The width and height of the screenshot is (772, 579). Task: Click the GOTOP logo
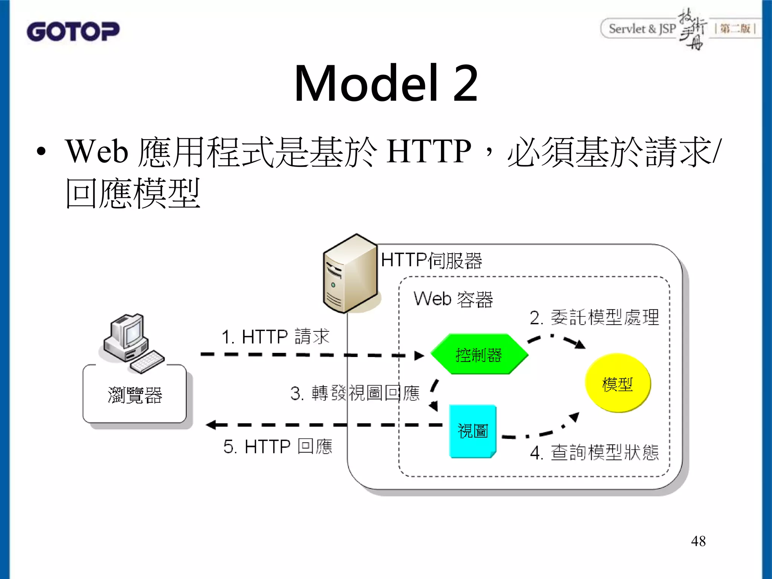click(73, 31)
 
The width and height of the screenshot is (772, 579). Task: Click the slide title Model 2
click(386, 84)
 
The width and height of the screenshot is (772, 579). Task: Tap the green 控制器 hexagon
click(479, 354)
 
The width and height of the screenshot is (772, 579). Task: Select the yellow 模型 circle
click(617, 383)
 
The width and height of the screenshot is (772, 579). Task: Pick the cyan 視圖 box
click(473, 431)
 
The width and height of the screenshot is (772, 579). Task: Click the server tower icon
click(350, 274)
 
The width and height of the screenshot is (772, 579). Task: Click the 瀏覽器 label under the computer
click(135, 395)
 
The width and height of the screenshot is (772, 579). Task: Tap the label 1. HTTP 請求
click(275, 336)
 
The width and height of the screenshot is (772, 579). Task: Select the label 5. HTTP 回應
click(277, 446)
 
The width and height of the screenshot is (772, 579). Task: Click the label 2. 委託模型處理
click(594, 317)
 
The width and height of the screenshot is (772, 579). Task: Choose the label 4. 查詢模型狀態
click(594, 452)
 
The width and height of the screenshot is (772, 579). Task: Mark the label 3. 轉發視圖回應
click(355, 393)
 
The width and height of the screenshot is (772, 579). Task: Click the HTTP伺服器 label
click(431, 260)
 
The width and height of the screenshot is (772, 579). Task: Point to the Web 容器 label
click(453, 299)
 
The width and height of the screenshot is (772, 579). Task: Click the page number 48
click(698, 541)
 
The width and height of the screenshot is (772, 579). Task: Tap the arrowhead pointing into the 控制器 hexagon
click(419, 355)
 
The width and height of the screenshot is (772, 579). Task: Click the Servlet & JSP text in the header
click(642, 29)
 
